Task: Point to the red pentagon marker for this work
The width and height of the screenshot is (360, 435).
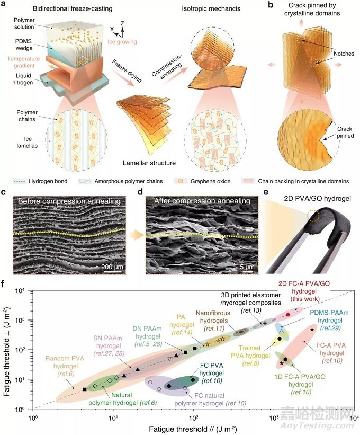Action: (x=288, y=314)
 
